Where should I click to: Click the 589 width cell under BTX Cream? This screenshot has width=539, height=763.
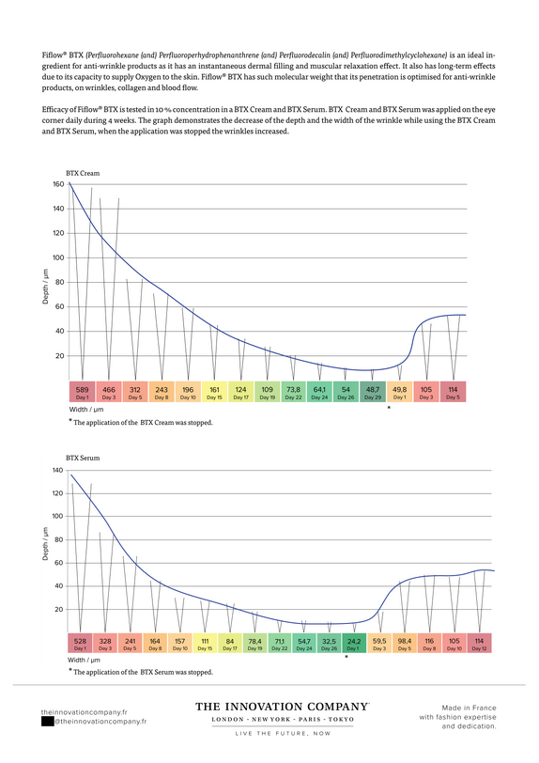[x=83, y=392]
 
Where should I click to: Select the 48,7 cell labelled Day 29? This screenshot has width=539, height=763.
[x=373, y=392]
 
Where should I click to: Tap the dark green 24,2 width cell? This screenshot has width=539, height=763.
[x=354, y=644]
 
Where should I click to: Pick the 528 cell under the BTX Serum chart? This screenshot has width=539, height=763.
[x=80, y=644]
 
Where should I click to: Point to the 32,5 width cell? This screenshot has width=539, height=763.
[x=329, y=644]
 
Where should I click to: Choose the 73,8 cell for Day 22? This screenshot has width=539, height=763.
[x=293, y=392]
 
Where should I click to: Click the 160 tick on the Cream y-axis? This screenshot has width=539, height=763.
[x=58, y=184]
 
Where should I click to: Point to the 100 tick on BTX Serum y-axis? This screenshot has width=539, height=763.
[x=58, y=516]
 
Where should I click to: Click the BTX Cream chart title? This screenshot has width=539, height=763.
[x=83, y=173]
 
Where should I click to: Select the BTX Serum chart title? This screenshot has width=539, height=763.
[x=83, y=458]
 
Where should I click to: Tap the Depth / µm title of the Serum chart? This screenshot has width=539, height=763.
[x=46, y=543]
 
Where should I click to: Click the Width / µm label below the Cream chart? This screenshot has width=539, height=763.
[x=85, y=410]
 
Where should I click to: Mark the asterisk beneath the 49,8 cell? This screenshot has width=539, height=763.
[x=389, y=407]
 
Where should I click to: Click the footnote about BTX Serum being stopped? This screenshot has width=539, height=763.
[x=141, y=672]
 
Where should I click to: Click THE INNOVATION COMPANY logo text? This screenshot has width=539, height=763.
[x=282, y=707]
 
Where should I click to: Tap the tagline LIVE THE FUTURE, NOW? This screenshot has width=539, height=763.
[x=283, y=733]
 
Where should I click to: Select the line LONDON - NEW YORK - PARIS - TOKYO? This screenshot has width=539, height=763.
[x=283, y=719]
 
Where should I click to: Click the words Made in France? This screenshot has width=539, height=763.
[x=469, y=708]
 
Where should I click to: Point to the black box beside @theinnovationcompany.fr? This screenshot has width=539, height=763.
[x=48, y=722]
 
